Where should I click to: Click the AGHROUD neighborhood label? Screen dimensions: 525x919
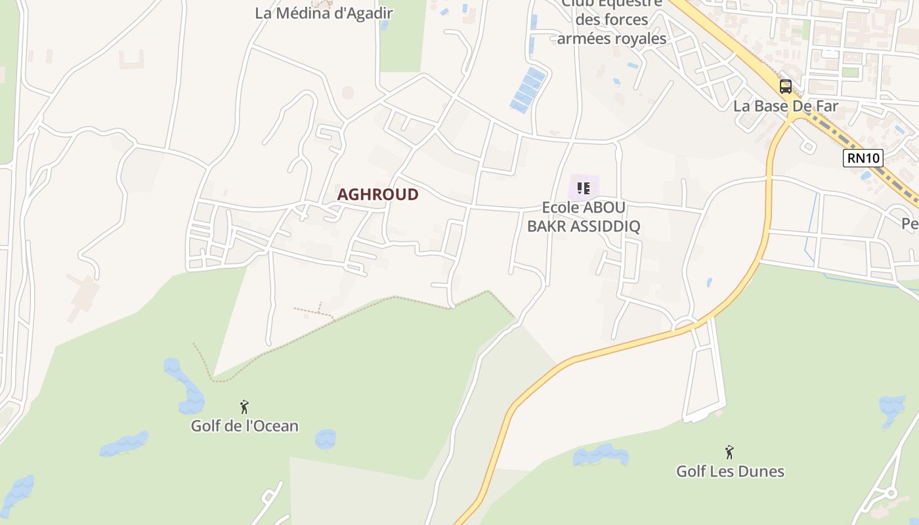click(x=377, y=194)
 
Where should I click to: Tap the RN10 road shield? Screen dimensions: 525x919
click(x=863, y=157)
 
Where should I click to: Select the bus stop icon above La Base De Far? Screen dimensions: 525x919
click(x=786, y=86)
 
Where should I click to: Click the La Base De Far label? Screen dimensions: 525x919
click(x=786, y=106)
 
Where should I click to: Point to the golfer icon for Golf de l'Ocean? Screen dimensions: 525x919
click(x=244, y=407)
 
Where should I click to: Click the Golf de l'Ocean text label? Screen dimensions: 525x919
click(x=244, y=426)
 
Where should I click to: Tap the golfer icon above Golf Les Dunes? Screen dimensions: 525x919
click(x=729, y=452)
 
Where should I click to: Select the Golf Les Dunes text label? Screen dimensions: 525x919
click(x=730, y=471)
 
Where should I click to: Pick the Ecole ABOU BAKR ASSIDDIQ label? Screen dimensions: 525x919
click(x=584, y=217)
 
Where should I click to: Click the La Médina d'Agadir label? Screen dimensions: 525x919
click(x=324, y=13)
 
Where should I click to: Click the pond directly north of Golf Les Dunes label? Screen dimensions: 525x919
click(x=600, y=455)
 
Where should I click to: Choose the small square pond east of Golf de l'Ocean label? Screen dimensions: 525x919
click(x=326, y=438)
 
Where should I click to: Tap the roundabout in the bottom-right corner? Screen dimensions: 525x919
click(x=891, y=493)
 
